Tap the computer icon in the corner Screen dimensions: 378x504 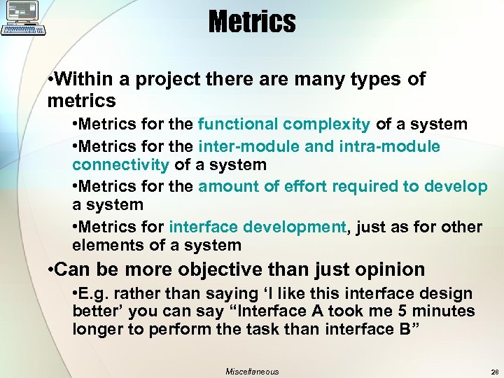point(24,18)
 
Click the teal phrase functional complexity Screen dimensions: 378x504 point(284,125)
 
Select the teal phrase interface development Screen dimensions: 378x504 point(258,227)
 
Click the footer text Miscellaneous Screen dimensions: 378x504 point(252,372)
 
